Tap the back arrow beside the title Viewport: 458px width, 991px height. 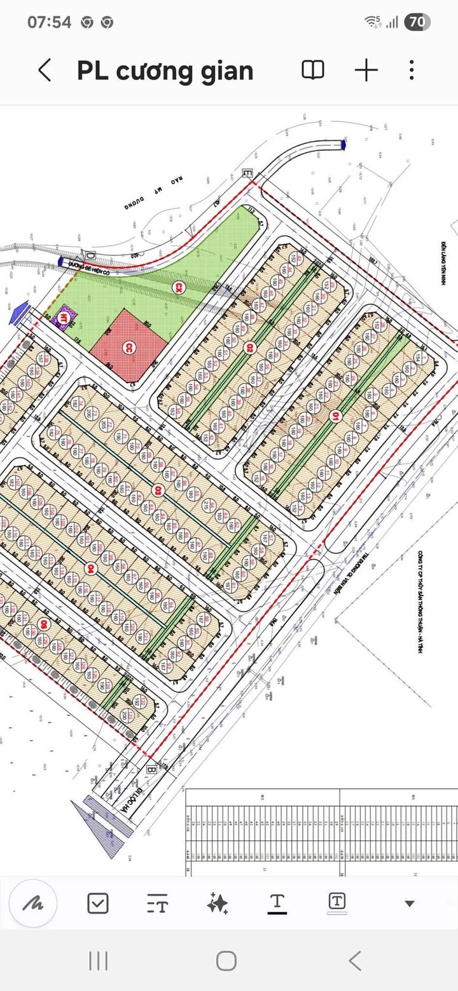[45, 70]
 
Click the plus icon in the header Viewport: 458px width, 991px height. [366, 70]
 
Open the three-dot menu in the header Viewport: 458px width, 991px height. [412, 70]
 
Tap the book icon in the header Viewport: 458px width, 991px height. [312, 70]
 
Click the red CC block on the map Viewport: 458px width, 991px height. [129, 346]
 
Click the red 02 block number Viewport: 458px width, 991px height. [250, 347]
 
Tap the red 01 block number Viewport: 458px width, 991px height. [335, 417]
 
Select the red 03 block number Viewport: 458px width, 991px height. [158, 490]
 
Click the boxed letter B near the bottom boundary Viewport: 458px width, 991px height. [151, 769]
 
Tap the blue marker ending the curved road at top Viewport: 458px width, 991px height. [344, 144]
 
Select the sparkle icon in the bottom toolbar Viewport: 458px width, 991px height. [218, 903]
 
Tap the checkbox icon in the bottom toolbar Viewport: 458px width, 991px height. [98, 903]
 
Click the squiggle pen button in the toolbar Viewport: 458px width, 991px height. [33, 903]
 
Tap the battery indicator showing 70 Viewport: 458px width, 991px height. [417, 22]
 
